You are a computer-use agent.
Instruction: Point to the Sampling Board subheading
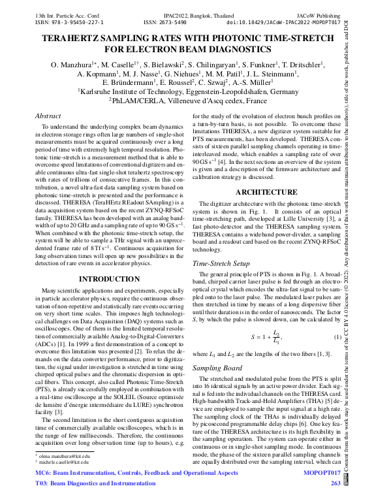click(x=217, y=368)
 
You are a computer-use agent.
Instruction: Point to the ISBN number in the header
click(x=62, y=21)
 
